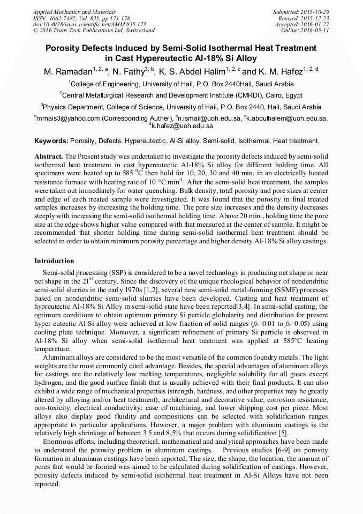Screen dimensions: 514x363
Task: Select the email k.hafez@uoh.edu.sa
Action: (x=182, y=126)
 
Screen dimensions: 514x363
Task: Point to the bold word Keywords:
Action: (x=51, y=141)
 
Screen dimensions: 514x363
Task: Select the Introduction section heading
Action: (x=54, y=261)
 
